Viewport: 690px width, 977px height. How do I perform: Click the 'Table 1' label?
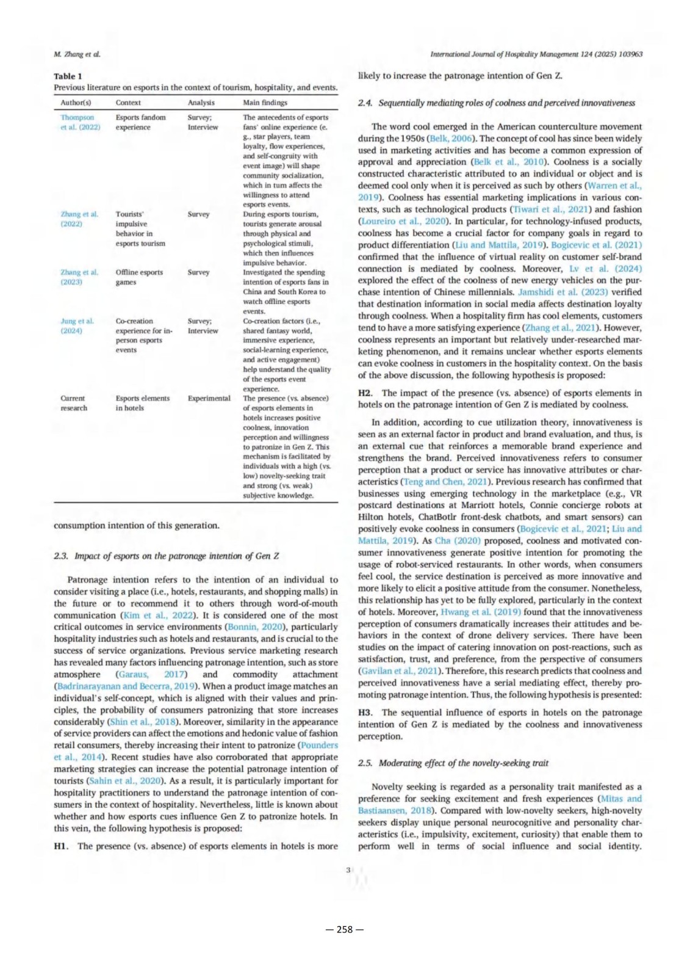[x=68, y=76]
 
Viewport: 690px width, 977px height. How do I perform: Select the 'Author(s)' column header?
[x=76, y=103]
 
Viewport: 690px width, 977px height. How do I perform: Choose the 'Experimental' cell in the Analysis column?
[x=209, y=398]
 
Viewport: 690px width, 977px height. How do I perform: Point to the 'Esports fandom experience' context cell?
[x=140, y=122]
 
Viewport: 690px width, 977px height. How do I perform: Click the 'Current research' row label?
[x=74, y=403]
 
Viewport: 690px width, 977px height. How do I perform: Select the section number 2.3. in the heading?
[x=61, y=556]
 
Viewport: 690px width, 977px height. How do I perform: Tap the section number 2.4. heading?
[x=365, y=103]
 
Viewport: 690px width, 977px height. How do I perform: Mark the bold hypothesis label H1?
[x=60, y=846]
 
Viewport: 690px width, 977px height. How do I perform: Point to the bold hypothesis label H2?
[x=365, y=393]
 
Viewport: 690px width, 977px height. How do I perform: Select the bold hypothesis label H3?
[x=365, y=713]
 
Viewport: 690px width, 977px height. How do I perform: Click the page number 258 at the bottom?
[x=345, y=929]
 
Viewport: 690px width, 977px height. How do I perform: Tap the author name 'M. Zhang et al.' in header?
[x=77, y=54]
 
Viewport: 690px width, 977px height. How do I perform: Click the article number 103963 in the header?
[x=630, y=54]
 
